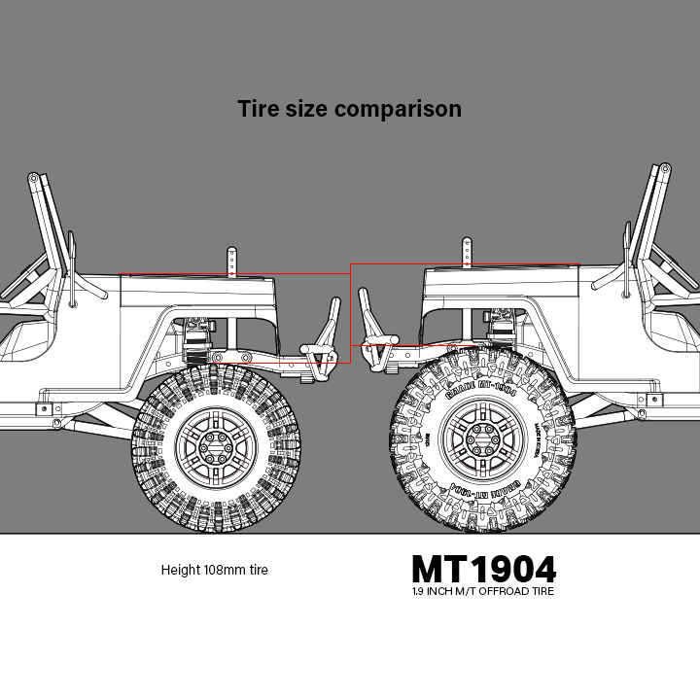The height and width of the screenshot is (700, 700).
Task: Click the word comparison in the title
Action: (x=398, y=109)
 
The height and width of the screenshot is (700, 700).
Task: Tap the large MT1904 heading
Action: (x=483, y=569)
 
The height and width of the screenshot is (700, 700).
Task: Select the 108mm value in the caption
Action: (x=226, y=570)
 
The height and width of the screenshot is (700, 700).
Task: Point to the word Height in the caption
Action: (x=181, y=570)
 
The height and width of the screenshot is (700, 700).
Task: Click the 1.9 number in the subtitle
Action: (x=419, y=591)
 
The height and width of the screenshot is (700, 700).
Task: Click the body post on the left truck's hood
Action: (x=231, y=261)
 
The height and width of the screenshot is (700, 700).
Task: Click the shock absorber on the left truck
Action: (x=200, y=336)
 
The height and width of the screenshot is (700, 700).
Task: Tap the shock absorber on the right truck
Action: (x=504, y=326)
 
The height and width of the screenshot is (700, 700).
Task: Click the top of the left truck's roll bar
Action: (x=34, y=179)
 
